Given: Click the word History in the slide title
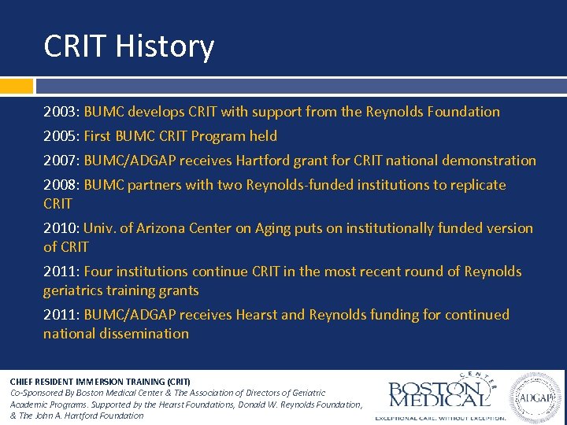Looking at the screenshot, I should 165,46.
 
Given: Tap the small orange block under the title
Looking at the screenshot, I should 17,85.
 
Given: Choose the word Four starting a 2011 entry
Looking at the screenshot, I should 99,272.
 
